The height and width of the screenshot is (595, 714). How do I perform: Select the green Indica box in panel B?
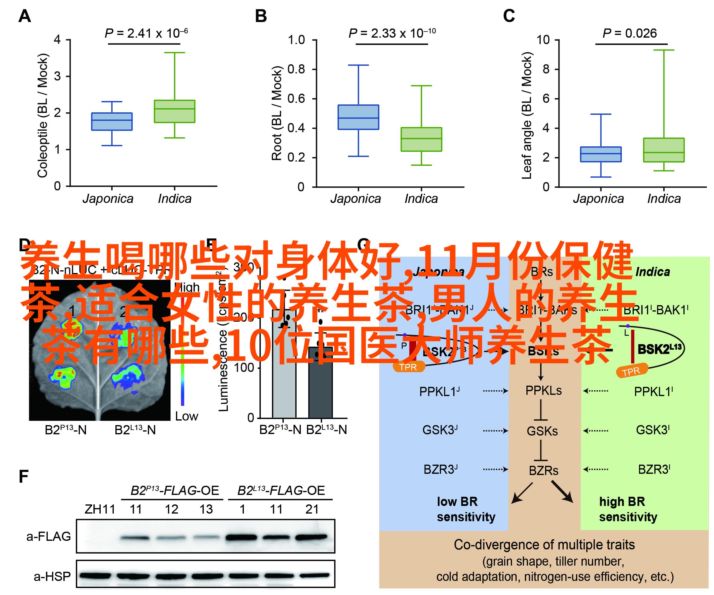click(x=421, y=139)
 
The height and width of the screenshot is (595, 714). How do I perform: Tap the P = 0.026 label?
click(x=629, y=33)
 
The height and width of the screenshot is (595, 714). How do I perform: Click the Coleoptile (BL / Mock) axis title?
click(x=43, y=116)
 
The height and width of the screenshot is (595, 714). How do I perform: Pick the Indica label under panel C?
click(x=664, y=199)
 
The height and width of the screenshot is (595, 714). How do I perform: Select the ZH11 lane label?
click(x=100, y=509)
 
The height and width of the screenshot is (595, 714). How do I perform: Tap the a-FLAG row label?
click(x=49, y=537)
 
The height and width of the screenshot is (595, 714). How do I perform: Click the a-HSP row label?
click(x=52, y=576)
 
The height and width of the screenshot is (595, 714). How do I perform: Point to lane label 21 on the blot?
click(x=312, y=509)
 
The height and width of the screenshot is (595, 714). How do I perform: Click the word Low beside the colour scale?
click(x=186, y=416)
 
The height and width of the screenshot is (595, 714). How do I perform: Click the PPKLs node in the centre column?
click(x=543, y=391)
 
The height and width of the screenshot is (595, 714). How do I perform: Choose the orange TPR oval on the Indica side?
click(x=632, y=371)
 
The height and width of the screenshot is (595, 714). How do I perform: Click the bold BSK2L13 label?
click(x=660, y=349)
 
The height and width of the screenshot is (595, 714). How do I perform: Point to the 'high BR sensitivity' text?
click(x=628, y=509)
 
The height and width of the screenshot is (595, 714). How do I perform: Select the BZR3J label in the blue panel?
click(x=440, y=470)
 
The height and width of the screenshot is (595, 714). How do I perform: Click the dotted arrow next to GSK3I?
click(x=596, y=431)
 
